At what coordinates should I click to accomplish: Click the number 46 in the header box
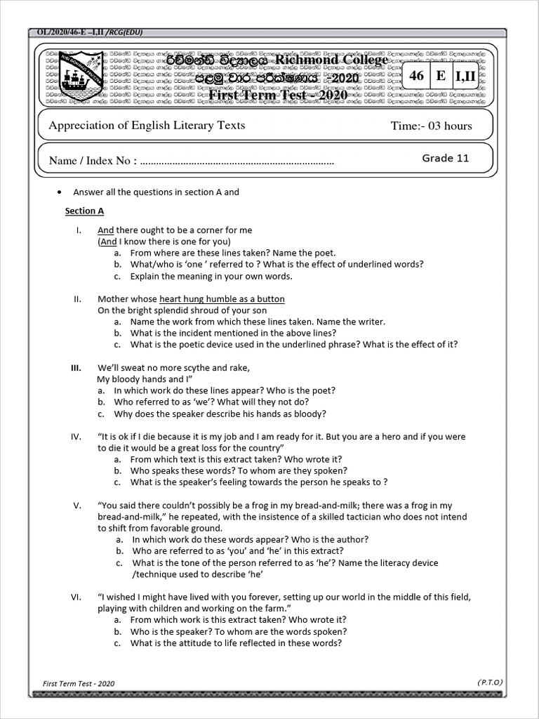[417, 76]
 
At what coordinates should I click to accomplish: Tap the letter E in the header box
[441, 76]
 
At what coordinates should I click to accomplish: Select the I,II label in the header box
[465, 76]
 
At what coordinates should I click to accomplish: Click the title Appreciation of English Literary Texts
[147, 125]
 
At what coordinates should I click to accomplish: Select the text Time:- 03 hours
[431, 126]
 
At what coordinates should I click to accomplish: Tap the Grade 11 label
[445, 158]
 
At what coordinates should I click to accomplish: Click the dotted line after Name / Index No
[237, 161]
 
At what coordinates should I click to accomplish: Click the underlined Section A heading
[84, 211]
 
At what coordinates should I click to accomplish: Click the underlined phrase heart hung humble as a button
[222, 299]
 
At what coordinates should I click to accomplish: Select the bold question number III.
[76, 368]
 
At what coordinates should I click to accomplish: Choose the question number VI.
[76, 597]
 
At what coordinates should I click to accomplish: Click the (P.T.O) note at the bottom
[490, 682]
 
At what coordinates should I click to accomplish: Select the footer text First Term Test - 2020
[79, 683]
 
